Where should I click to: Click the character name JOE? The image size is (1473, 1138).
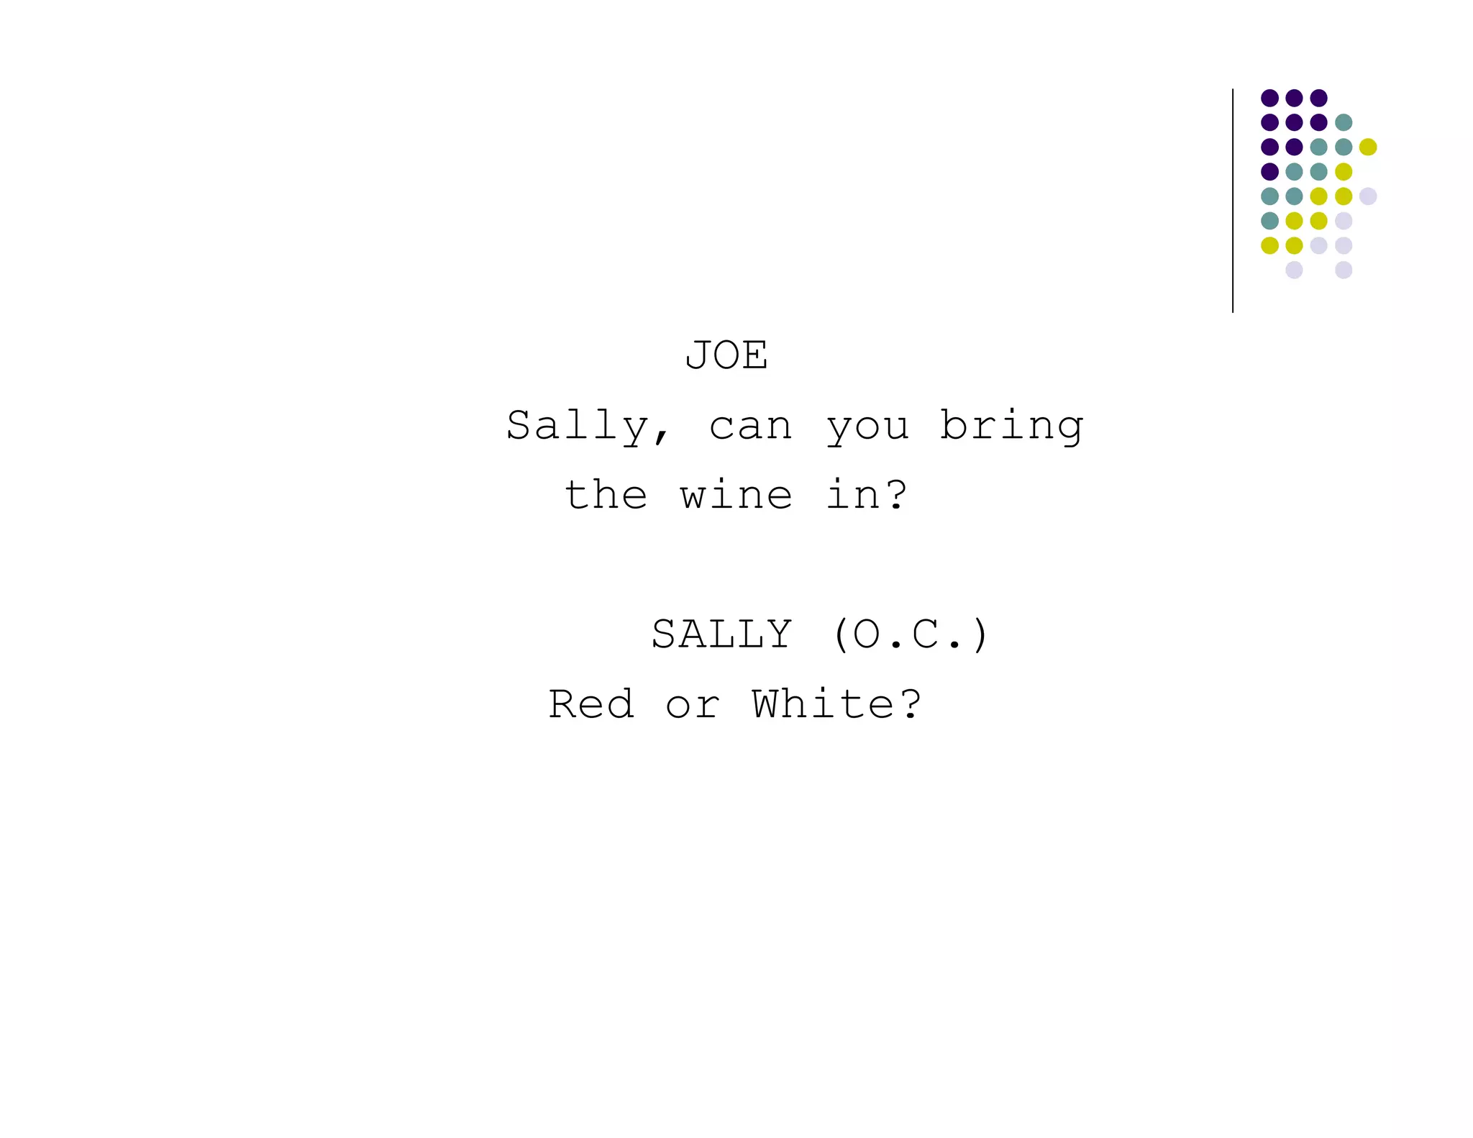[x=726, y=355]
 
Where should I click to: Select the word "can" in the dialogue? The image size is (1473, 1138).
[x=751, y=427]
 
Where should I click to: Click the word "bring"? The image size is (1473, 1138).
[x=1011, y=427]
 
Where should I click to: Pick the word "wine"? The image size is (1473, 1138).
[x=736, y=495]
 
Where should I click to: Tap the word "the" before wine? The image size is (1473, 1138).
[x=606, y=495]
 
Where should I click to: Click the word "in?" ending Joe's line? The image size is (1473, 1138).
[x=866, y=495]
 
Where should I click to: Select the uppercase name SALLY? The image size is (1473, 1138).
[x=721, y=634]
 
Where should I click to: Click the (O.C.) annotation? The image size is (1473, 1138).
[x=911, y=634]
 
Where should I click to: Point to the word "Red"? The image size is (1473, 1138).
[x=591, y=704]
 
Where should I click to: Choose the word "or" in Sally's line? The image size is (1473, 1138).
[x=693, y=705]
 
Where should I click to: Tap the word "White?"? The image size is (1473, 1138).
[x=836, y=704]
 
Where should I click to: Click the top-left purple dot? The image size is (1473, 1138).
[x=1269, y=98]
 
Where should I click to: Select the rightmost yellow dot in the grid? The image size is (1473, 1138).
[x=1368, y=147]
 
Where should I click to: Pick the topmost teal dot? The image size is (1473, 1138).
[x=1344, y=122]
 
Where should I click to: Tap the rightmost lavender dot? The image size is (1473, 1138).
[x=1368, y=196]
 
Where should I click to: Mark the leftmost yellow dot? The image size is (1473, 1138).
[x=1269, y=245]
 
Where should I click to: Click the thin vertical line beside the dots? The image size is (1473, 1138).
[x=1233, y=201]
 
